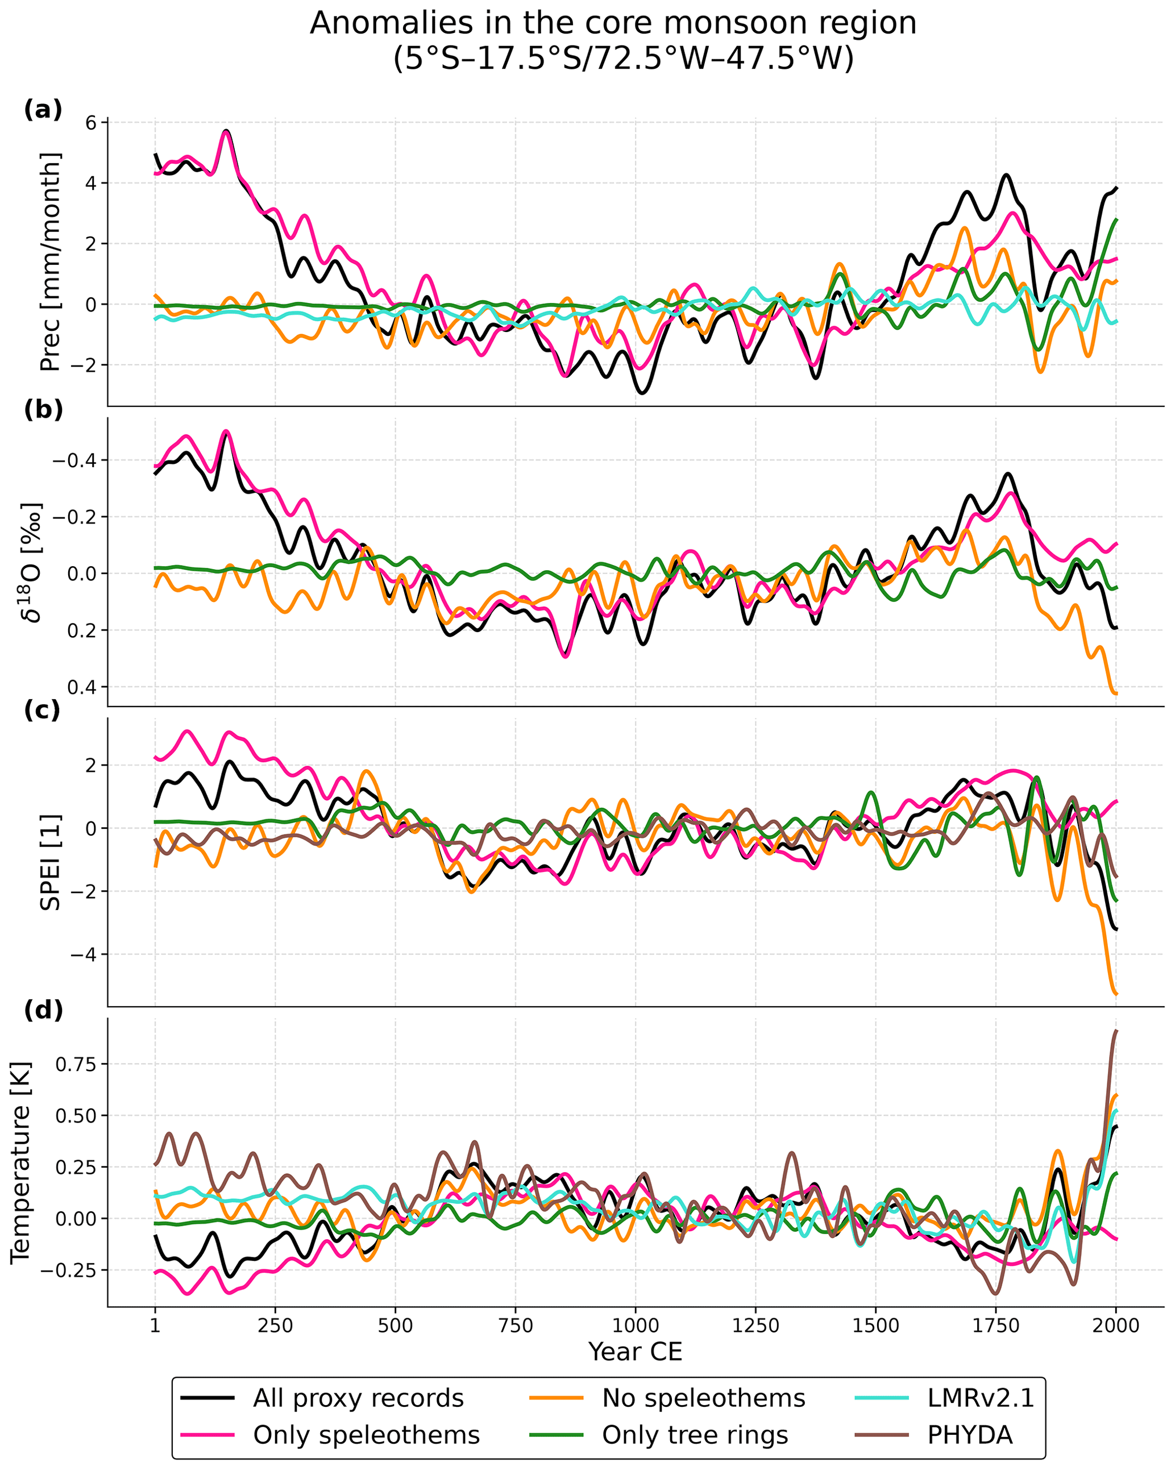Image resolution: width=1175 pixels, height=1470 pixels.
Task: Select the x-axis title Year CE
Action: (x=636, y=1351)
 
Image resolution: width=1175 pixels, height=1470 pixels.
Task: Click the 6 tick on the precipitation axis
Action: (x=91, y=123)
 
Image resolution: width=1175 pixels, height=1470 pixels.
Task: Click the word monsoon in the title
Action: (x=723, y=24)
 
